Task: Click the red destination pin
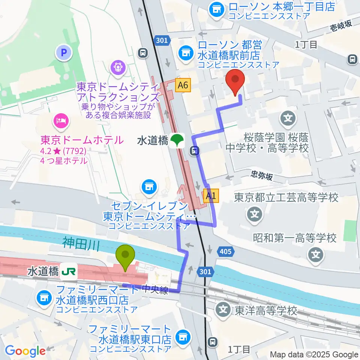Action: [x=235, y=82]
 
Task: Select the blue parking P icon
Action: [x=63, y=53]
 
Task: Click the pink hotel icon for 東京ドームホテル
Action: [x=60, y=120]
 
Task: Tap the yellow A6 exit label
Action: [x=183, y=86]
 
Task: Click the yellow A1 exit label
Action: [x=211, y=195]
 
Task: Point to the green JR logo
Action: [x=70, y=271]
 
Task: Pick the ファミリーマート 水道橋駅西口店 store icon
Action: [x=44, y=298]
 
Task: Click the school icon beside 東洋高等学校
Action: [x=223, y=310]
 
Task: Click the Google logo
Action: [x=25, y=351]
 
